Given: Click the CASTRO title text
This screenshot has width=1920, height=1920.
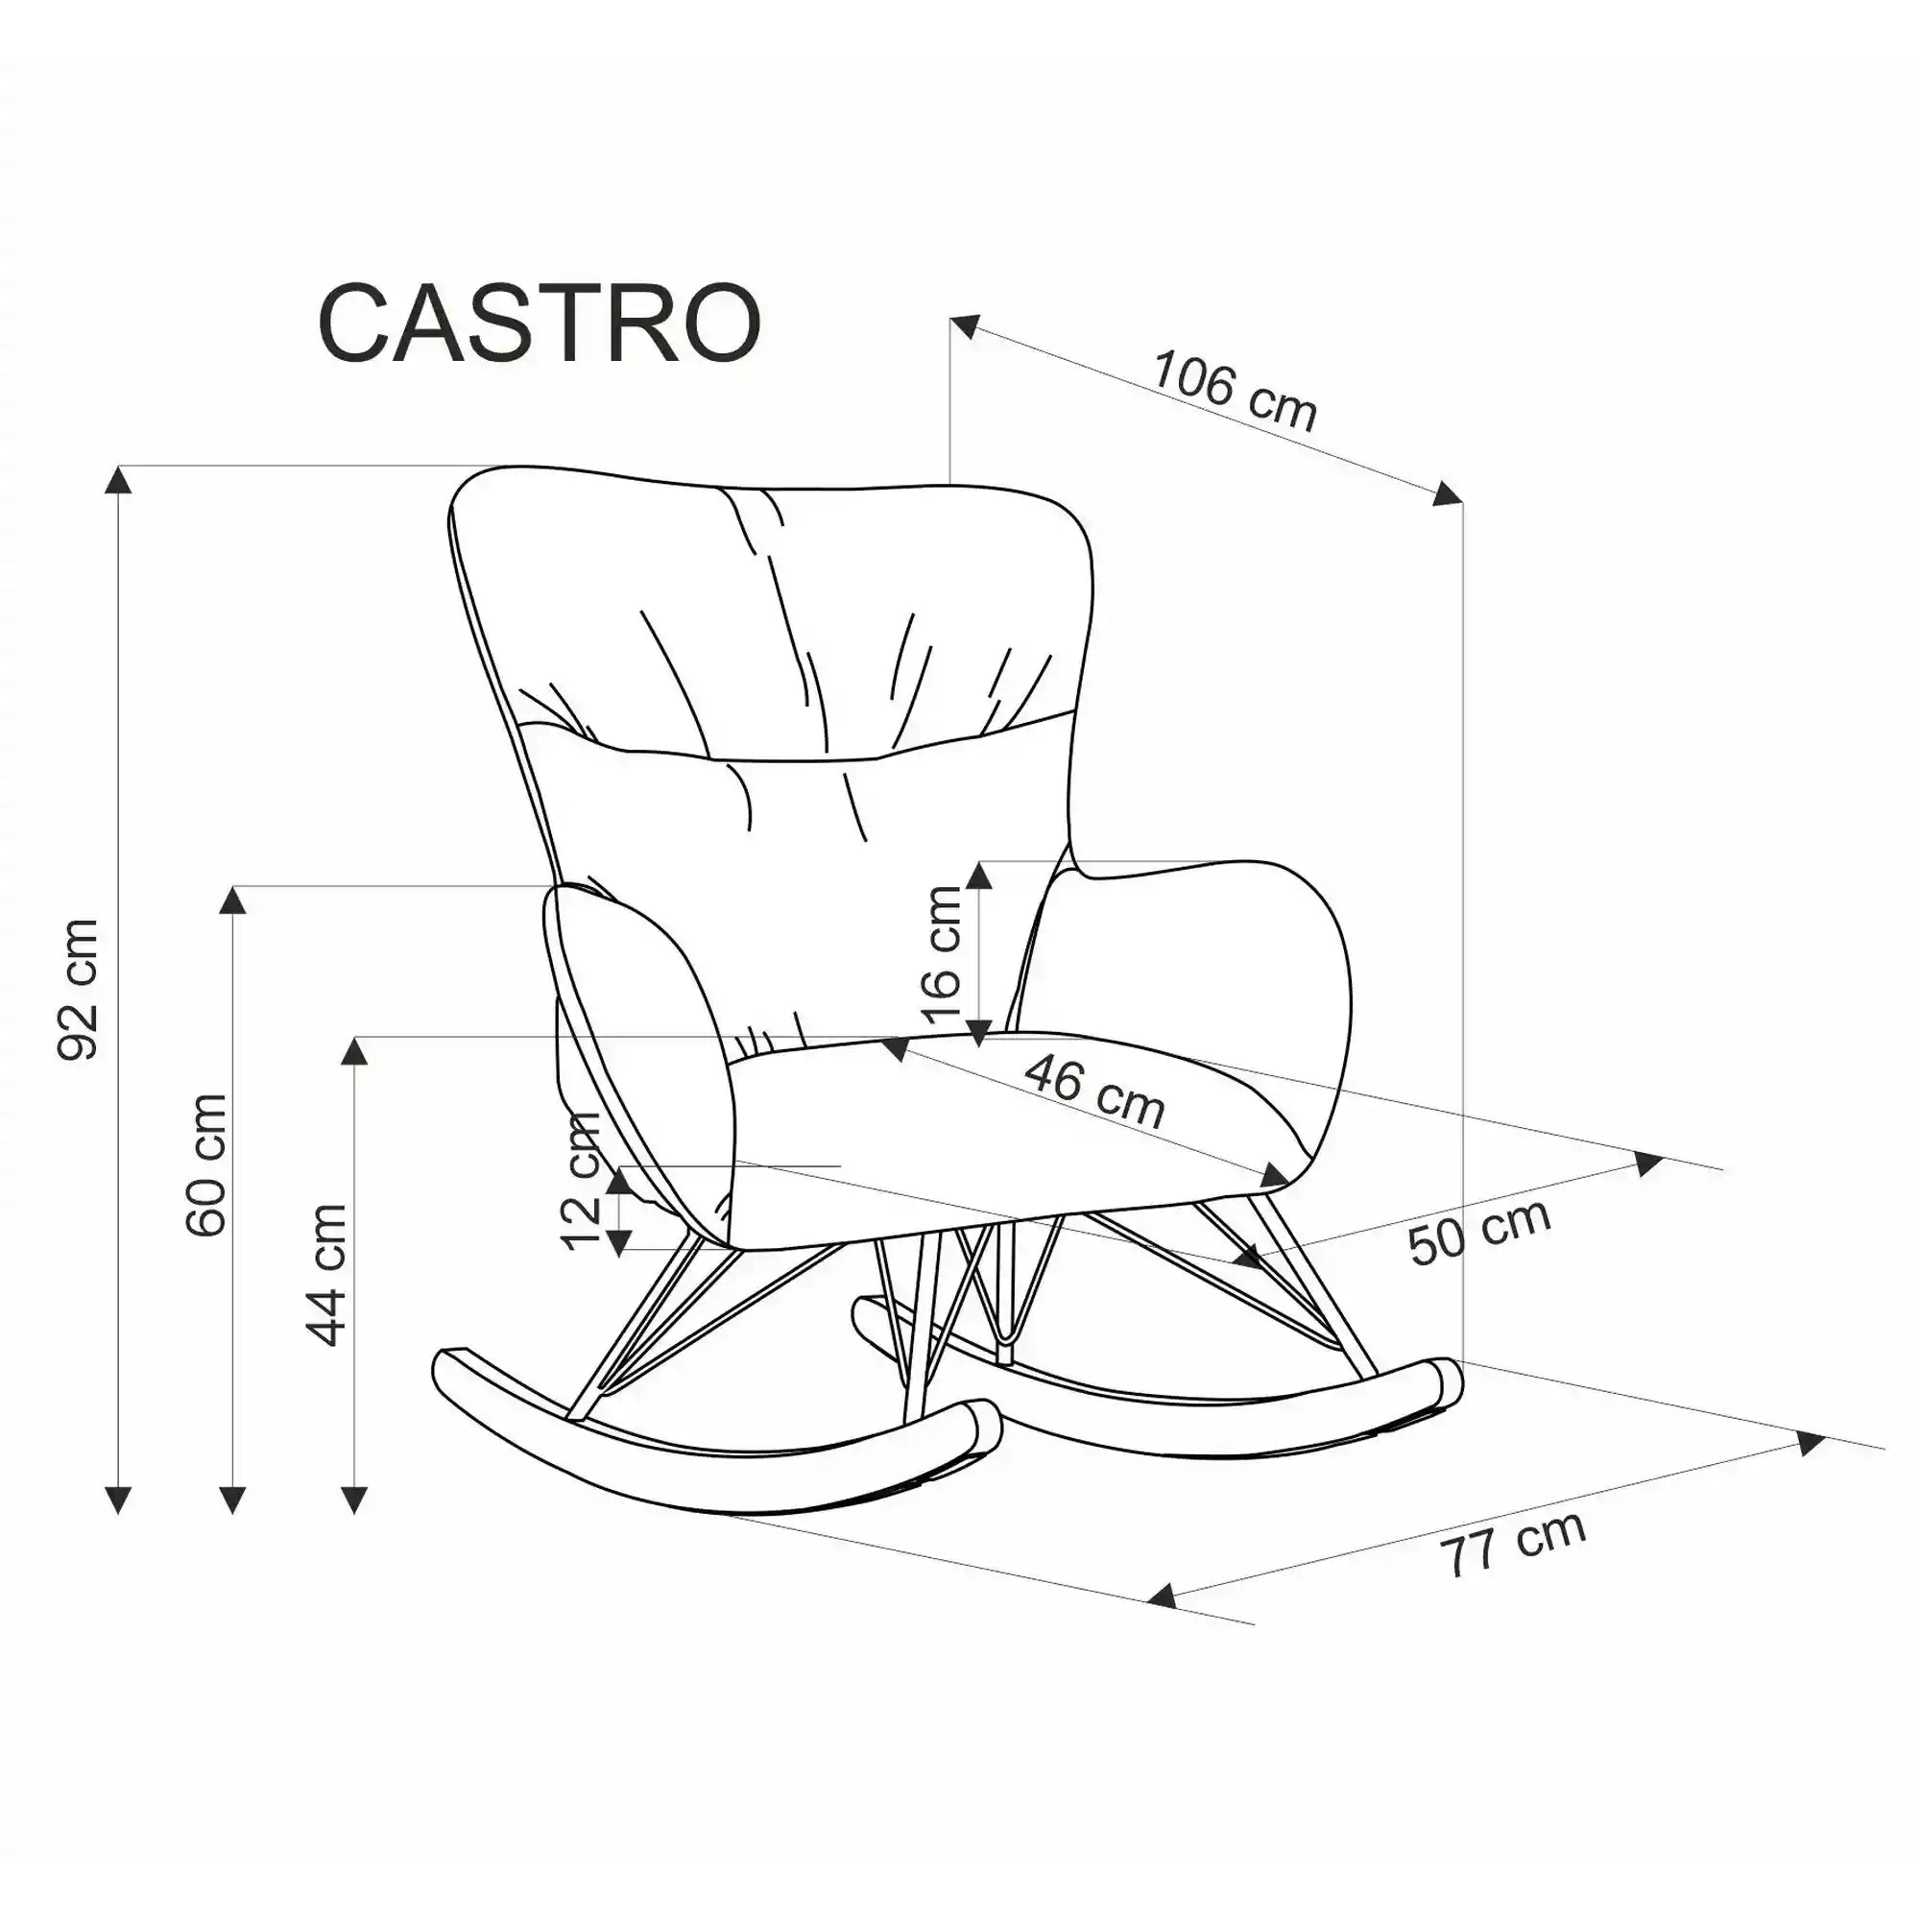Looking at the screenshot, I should click(540, 324).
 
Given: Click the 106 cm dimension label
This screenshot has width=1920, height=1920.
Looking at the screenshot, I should click(1235, 391).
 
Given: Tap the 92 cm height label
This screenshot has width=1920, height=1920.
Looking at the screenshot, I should click(80, 989).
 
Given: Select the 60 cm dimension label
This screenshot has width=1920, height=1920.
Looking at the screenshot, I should click(206, 1164).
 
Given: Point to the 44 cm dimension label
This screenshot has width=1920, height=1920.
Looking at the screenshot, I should click(328, 1275).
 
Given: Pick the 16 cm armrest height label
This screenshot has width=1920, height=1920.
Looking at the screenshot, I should click(942, 954).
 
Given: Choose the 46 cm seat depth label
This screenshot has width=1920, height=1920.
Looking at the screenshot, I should click(1094, 1092).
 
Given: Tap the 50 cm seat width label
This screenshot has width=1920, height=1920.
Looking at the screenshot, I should click(1478, 1232).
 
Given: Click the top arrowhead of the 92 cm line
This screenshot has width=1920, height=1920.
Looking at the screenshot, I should click(118, 480).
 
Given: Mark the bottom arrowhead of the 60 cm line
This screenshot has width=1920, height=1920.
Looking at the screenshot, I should click(232, 1498).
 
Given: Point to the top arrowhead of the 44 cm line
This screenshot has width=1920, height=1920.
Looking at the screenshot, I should click(355, 1050).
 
